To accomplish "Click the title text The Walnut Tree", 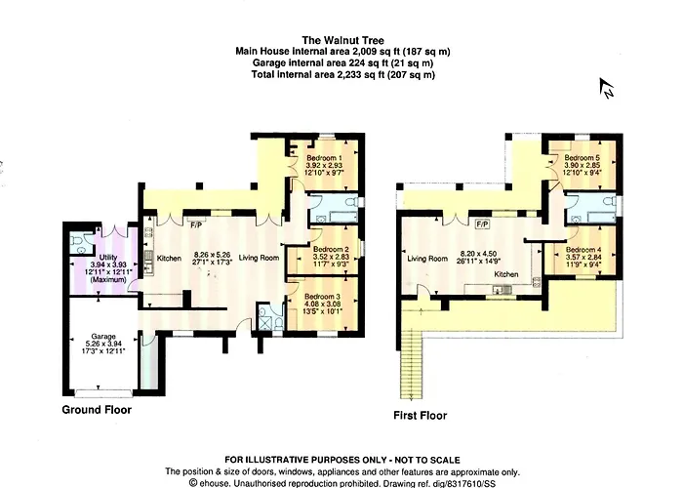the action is tap(343, 41).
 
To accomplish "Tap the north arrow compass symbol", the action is tap(607, 88).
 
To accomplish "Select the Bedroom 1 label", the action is tap(324, 158).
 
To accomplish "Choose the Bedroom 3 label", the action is tap(322, 297).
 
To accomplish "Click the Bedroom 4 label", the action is tap(583, 250).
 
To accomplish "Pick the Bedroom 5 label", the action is tap(582, 158).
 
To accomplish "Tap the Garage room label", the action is tap(103, 337).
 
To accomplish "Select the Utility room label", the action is tap(108, 258).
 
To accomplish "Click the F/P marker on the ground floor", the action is tap(196, 225).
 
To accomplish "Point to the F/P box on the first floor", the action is tap(482, 224).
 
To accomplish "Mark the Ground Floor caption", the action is tap(97, 410).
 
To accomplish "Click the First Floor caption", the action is tap(420, 415).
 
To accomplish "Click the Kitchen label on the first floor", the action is tap(506, 274).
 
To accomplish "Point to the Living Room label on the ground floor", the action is tap(259, 258).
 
